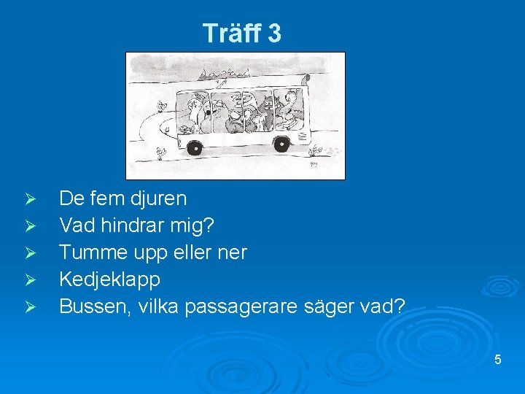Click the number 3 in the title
click(x=273, y=33)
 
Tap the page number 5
click(x=498, y=360)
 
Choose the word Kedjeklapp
click(x=109, y=279)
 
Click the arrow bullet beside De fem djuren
click(x=30, y=199)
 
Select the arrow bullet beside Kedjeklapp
click(x=30, y=280)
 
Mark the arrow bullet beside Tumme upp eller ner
click(x=30, y=253)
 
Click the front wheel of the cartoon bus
click(x=194, y=148)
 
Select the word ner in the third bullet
click(x=234, y=252)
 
